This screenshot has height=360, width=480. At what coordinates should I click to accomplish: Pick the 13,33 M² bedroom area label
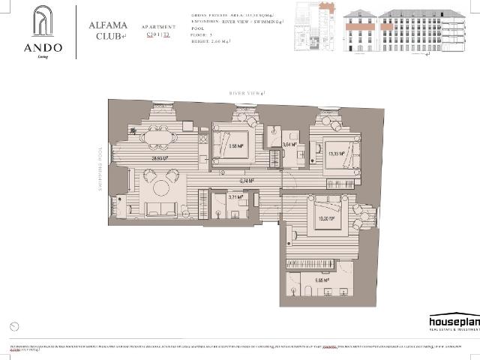336,153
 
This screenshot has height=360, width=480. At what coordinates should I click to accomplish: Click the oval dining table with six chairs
158,137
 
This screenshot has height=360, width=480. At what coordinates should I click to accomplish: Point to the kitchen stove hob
201,140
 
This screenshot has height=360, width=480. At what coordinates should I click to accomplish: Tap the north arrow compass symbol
16,326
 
